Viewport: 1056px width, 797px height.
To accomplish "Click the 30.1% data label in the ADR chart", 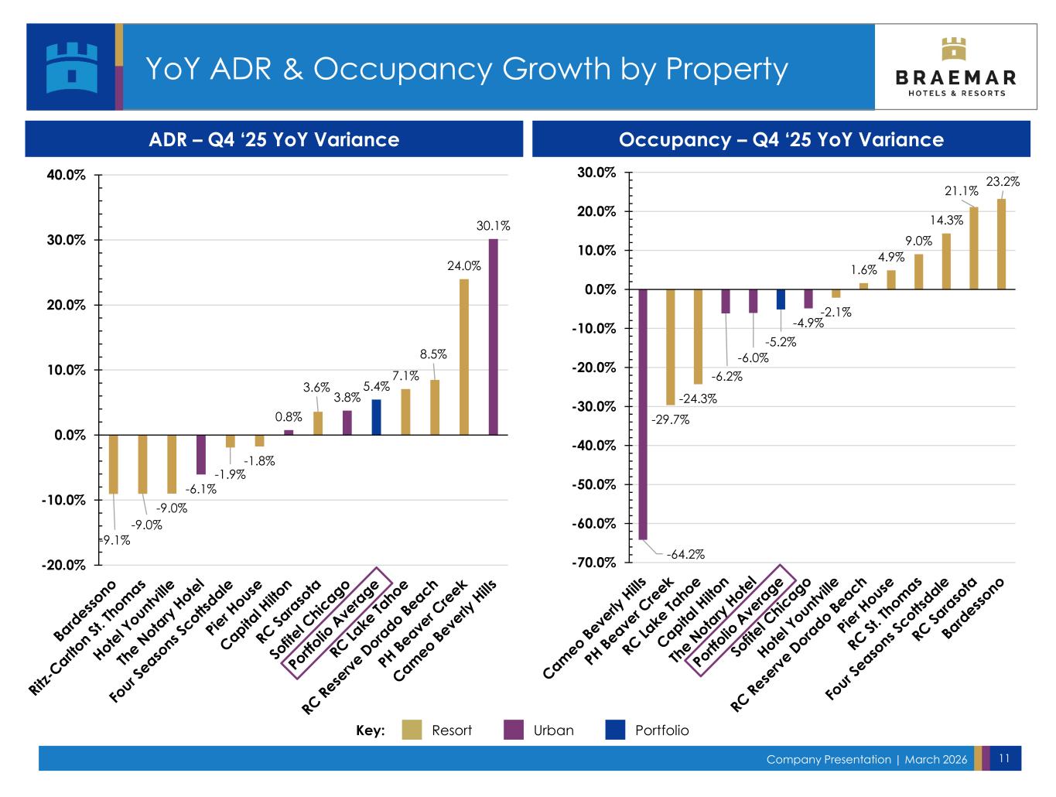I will click(x=493, y=226).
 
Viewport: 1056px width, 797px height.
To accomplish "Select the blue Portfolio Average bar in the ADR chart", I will click(x=376, y=417).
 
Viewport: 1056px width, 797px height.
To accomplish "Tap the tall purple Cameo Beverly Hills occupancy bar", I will click(x=643, y=414).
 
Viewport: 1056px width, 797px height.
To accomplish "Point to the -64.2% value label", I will click(x=686, y=554).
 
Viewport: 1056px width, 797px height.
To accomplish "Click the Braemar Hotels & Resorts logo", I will click(x=955, y=67).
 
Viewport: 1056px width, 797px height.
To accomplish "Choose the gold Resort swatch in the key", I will click(x=412, y=730).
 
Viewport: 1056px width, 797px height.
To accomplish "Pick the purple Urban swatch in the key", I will click(x=514, y=730).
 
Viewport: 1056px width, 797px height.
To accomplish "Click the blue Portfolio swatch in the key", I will click(x=616, y=730).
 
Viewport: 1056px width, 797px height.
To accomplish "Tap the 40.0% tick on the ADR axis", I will click(x=66, y=176).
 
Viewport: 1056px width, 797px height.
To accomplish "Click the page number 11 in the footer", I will click(x=1005, y=758).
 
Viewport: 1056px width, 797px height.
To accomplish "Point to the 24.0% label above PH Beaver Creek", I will click(x=464, y=265).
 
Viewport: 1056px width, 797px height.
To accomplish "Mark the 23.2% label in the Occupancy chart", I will click(x=1003, y=182).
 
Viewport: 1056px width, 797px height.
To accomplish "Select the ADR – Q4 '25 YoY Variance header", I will click(x=274, y=139).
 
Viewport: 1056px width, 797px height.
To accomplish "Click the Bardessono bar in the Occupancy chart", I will click(x=1001, y=244).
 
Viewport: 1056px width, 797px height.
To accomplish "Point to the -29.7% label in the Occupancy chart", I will click(x=670, y=420).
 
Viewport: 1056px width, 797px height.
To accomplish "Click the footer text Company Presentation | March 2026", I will click(x=866, y=759).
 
